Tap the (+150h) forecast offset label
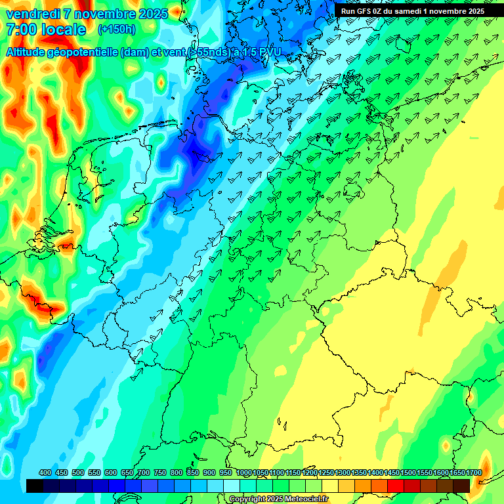117,30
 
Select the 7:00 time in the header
21,30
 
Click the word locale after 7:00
63,30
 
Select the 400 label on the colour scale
45,473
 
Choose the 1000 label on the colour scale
244,473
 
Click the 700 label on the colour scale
144,473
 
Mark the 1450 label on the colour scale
392,473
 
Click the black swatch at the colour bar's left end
35,486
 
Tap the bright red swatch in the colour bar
396,486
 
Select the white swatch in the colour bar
232,486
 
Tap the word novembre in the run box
450,11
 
